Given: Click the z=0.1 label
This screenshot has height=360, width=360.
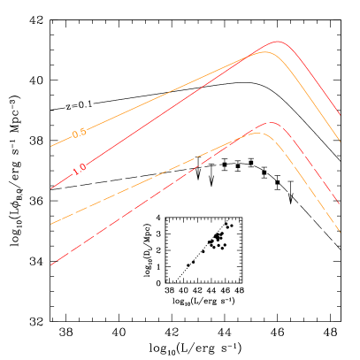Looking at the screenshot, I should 79,105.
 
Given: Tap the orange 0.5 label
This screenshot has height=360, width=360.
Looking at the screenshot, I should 79,133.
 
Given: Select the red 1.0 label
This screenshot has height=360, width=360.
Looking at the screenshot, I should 80,168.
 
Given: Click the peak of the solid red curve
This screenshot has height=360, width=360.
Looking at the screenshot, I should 278,42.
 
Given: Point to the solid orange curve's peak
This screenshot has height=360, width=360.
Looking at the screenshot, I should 264,52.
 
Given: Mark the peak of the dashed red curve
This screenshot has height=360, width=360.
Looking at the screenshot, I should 271,123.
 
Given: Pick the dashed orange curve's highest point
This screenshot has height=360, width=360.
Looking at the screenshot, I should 256,133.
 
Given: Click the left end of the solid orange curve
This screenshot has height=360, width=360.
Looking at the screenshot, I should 51,146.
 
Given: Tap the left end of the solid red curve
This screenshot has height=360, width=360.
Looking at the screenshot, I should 51,188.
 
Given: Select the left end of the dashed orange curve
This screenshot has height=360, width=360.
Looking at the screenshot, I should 51,224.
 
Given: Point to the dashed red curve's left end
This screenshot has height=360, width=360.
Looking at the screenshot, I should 51,264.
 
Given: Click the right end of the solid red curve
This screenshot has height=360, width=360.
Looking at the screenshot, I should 341,115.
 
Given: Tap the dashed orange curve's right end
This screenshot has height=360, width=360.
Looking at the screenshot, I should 341,233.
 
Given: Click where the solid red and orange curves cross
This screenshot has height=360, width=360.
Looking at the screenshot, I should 251,56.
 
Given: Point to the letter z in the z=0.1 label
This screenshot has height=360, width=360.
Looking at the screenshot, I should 68,107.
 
